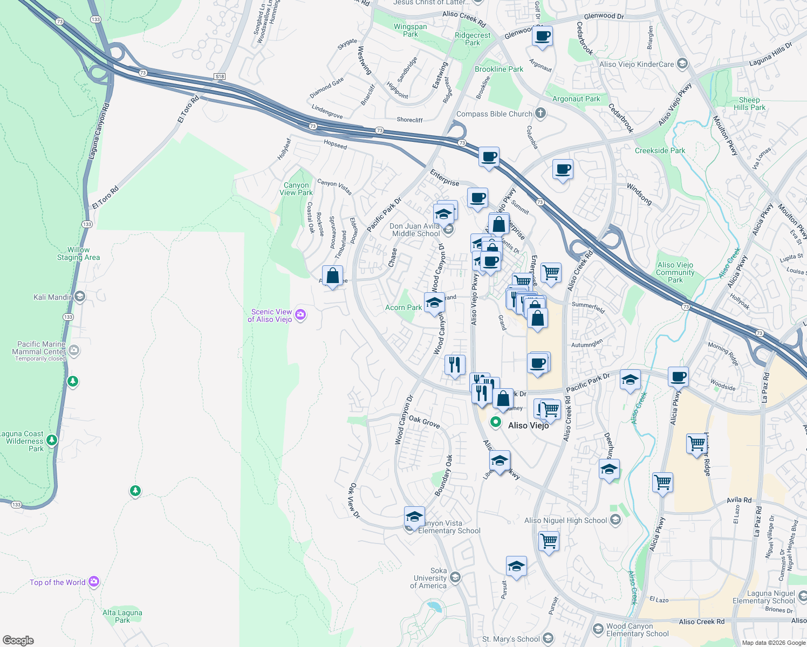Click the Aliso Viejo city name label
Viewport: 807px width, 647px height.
528,425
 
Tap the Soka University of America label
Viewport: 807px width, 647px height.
429,578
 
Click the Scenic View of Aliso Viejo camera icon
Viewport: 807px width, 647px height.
301,315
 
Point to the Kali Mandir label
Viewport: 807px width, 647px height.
52,297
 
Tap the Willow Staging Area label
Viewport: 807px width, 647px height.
79,253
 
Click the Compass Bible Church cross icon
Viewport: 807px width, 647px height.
541,113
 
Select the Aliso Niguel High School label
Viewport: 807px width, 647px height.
565,520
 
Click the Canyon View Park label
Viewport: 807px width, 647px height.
296,189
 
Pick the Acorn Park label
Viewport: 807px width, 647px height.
403,307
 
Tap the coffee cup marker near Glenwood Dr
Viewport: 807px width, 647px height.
542,37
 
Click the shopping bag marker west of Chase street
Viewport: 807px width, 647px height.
333,276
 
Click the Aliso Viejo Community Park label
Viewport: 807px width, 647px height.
675,272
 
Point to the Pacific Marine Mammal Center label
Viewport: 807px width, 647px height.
41,348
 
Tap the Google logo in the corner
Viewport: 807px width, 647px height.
18,640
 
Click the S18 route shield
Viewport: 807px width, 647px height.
219,77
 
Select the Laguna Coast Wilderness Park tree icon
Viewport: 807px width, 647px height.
52,440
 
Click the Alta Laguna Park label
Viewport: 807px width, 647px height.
122,616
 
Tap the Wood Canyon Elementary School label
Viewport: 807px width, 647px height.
637,630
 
